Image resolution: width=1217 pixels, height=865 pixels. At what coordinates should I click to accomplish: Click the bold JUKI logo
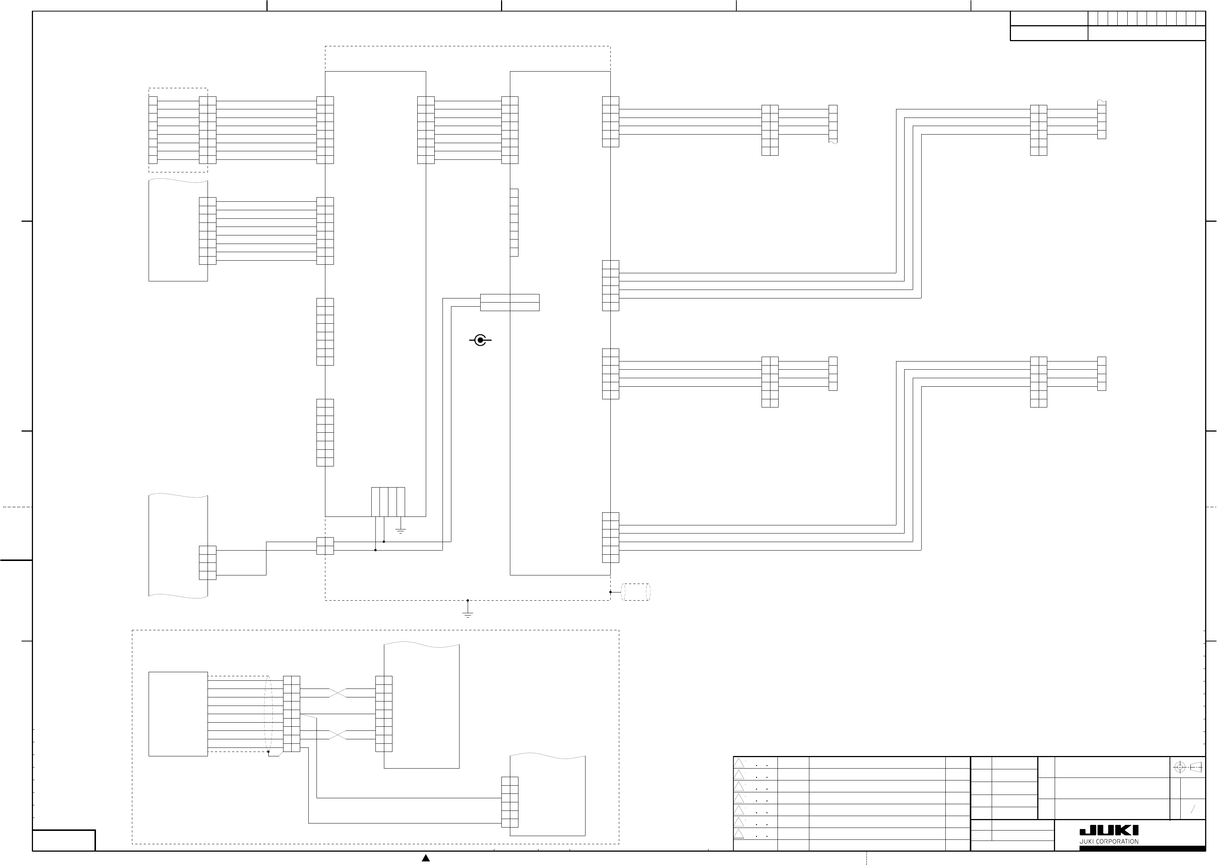(x=1109, y=831)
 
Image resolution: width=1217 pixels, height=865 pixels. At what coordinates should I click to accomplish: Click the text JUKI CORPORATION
(x=1109, y=842)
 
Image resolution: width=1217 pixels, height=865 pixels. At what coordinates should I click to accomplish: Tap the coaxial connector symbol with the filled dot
(x=480, y=340)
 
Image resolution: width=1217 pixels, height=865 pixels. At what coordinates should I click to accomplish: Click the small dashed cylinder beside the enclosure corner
(x=636, y=592)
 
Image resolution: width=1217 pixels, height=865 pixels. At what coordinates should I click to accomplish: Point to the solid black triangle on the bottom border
(x=426, y=858)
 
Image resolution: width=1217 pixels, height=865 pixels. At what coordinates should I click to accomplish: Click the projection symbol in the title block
(x=1188, y=767)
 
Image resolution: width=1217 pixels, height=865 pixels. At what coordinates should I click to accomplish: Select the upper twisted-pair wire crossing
(x=338, y=693)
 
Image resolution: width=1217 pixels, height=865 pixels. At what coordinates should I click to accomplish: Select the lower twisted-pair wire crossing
(x=338, y=735)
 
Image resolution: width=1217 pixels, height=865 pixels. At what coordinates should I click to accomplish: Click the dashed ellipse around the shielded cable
(x=268, y=714)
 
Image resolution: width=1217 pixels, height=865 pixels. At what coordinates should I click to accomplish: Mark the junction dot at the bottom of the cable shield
(x=268, y=752)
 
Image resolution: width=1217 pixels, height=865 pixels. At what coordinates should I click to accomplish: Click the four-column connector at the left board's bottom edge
(x=388, y=502)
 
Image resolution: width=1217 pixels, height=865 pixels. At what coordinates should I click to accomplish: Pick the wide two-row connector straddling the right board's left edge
(x=510, y=303)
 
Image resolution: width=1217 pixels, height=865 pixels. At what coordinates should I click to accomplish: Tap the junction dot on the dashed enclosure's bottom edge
(x=468, y=600)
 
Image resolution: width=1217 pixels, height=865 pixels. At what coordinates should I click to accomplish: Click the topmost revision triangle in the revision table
(x=739, y=763)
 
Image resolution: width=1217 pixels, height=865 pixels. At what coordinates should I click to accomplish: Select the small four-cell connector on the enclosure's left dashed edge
(x=325, y=546)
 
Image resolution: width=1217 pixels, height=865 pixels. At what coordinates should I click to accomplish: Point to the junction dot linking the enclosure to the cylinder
(x=611, y=592)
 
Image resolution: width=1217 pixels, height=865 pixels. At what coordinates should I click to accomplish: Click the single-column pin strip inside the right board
(x=514, y=222)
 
